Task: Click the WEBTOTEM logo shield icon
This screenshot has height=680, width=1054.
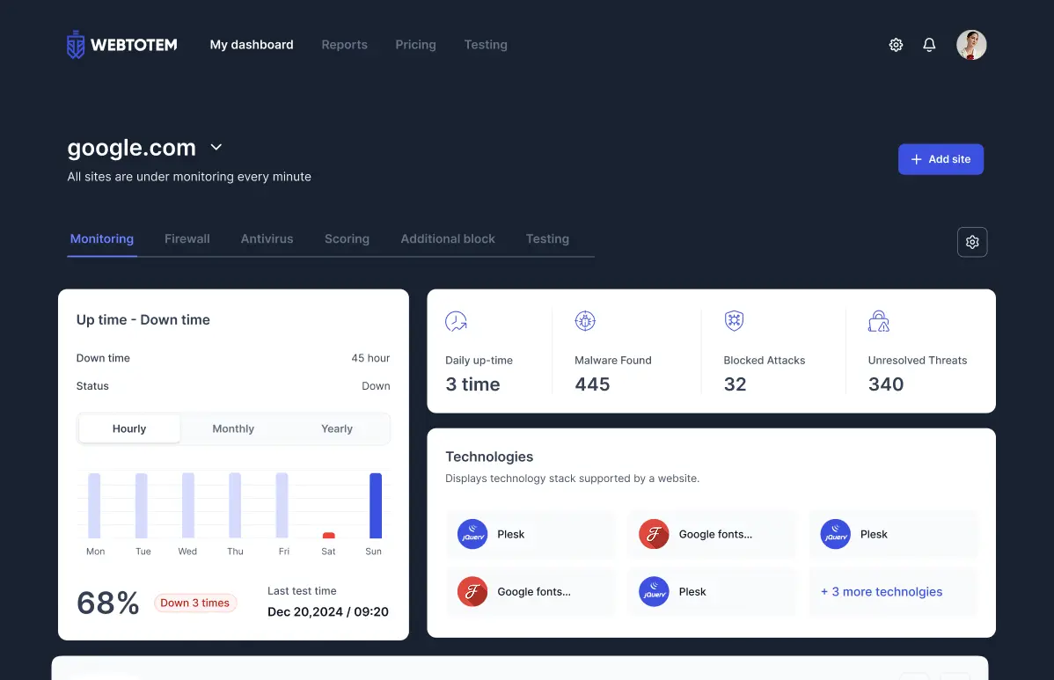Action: (x=77, y=45)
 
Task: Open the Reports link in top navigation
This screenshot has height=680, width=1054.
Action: (x=344, y=45)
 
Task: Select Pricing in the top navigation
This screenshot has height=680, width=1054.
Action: (x=415, y=45)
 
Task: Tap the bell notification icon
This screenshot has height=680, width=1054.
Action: (x=929, y=45)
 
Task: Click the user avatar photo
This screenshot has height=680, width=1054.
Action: (x=971, y=45)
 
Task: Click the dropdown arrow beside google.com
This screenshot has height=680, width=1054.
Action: (x=216, y=147)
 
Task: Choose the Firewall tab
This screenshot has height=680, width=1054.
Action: (x=187, y=238)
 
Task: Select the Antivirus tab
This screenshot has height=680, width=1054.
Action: (x=267, y=238)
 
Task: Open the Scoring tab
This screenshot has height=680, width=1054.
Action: (x=347, y=238)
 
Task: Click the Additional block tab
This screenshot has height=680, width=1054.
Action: (x=448, y=238)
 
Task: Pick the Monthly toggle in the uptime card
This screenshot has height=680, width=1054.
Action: (x=233, y=428)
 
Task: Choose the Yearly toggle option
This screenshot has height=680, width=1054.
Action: (x=337, y=428)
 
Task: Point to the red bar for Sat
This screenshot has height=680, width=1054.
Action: (x=329, y=535)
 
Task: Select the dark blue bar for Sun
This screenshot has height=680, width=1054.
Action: (x=376, y=506)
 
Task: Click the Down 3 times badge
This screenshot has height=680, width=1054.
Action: (x=195, y=603)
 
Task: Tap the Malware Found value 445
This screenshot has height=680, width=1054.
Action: (x=592, y=384)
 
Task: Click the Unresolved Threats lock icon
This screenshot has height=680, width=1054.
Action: (x=878, y=321)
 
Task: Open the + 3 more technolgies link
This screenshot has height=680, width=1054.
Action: (x=882, y=592)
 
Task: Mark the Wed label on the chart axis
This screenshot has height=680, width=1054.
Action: (x=187, y=552)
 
